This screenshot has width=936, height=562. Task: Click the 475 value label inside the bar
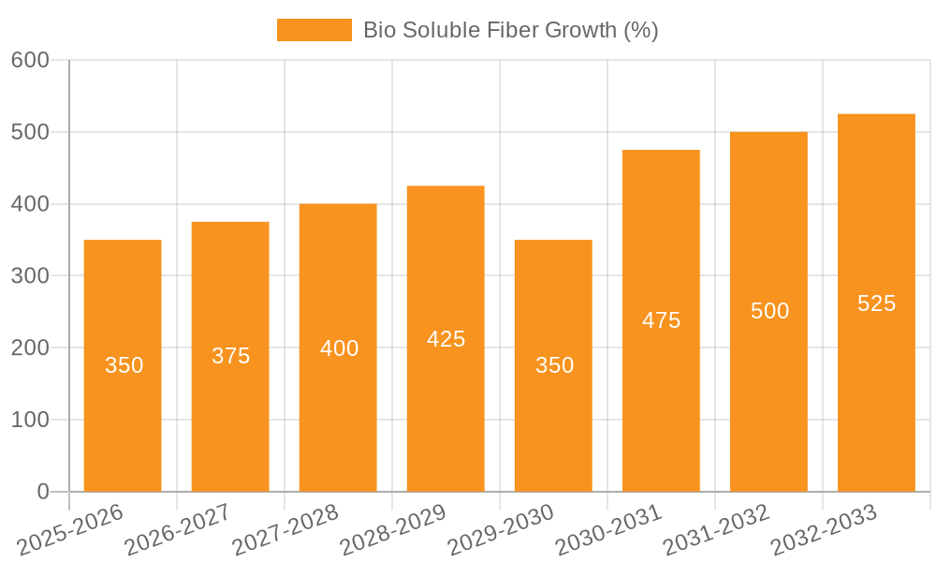[x=661, y=320]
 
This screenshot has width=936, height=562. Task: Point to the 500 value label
[x=769, y=311]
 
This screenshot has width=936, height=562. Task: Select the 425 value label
[x=446, y=339]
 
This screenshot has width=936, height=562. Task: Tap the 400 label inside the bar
[x=339, y=348]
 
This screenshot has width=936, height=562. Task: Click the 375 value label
[x=230, y=356]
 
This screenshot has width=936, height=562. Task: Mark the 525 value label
[x=876, y=303]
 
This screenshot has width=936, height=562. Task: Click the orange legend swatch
[x=314, y=30]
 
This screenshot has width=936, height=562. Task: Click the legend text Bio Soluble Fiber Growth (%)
[x=511, y=30]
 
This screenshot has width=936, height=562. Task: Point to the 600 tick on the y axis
[x=30, y=61]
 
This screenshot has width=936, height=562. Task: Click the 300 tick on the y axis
[x=30, y=276]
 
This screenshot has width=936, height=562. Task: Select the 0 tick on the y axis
[x=42, y=492]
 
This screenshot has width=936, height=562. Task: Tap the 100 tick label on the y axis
[x=30, y=420]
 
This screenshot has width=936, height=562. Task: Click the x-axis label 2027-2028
[x=285, y=530]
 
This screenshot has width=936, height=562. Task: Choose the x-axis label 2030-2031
[x=608, y=530]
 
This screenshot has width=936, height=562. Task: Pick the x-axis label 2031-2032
[x=716, y=530]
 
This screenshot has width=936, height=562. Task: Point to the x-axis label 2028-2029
[x=393, y=530]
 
